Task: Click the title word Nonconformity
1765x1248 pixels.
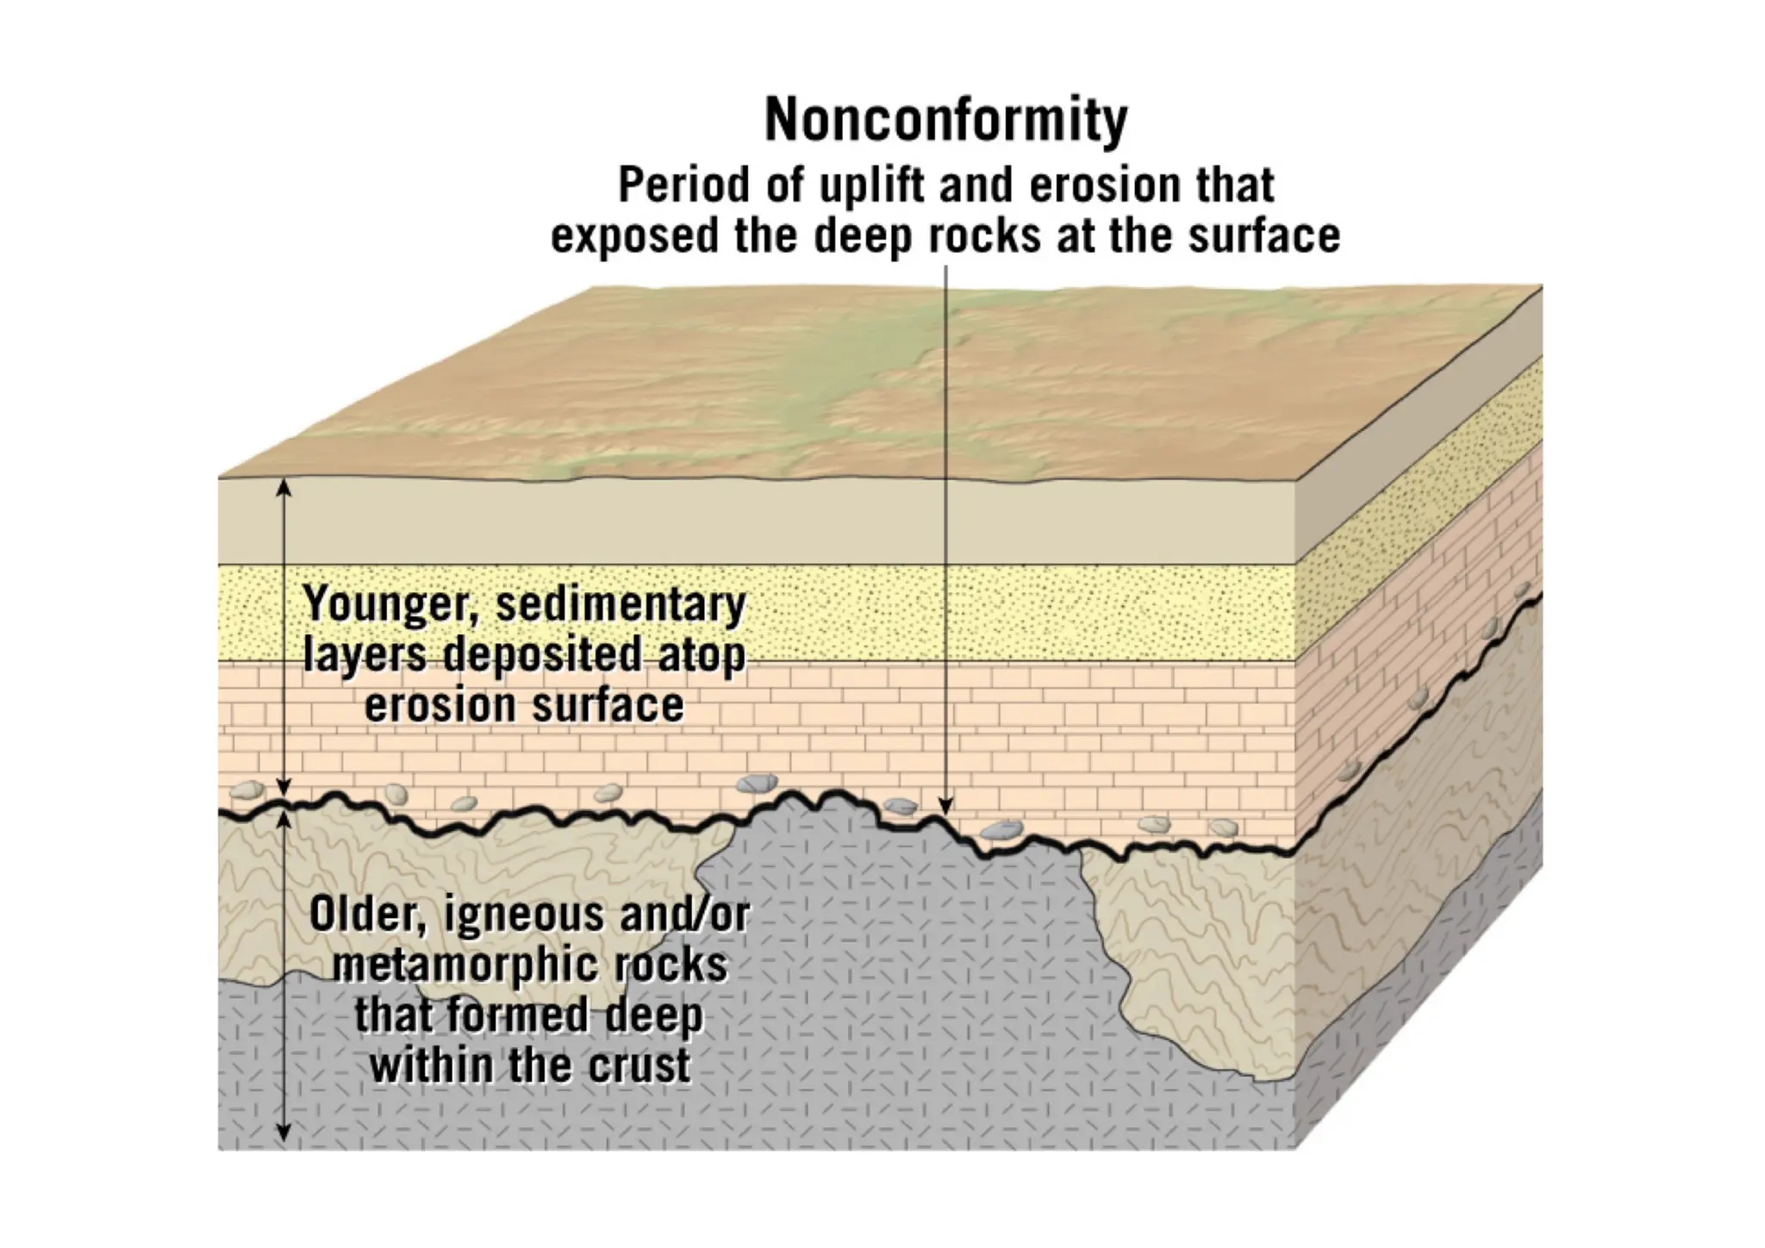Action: [x=945, y=121]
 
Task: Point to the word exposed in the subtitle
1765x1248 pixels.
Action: [x=634, y=235]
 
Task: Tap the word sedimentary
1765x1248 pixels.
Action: [x=621, y=604]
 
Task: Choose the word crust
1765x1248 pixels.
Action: [x=639, y=1066]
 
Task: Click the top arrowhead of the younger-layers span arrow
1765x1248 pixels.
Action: [x=284, y=489]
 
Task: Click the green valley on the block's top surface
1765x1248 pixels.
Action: [x=827, y=379]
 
